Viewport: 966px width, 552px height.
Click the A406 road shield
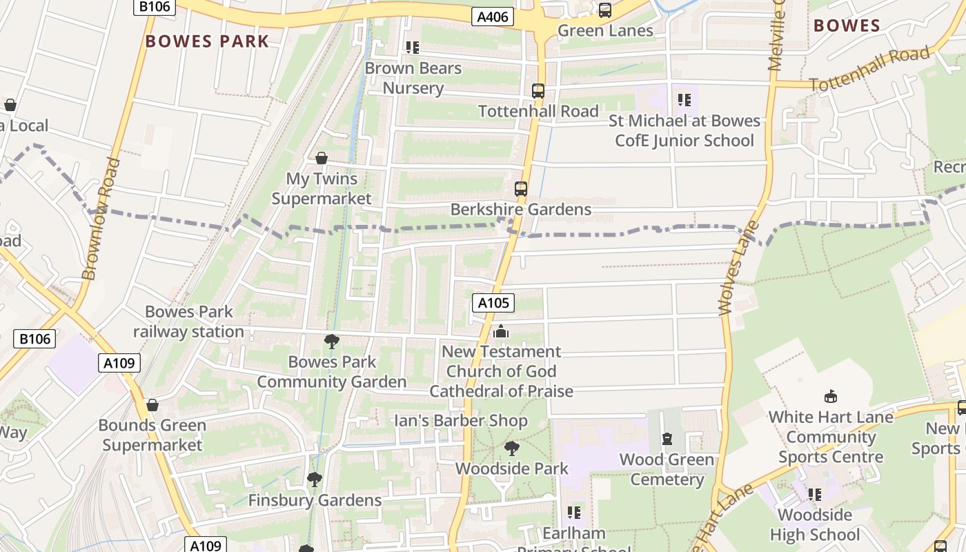click(493, 17)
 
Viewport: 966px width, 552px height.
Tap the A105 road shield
click(493, 302)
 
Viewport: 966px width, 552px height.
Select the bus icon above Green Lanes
click(605, 10)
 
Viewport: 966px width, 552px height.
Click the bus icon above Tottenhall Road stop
click(538, 91)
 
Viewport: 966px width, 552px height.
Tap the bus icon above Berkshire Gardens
click(521, 189)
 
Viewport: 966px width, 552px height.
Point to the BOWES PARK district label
click(207, 41)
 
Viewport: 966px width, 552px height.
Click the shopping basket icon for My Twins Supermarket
click(321, 159)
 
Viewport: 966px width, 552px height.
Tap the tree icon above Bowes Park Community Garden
click(332, 342)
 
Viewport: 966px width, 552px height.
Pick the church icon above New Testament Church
click(501, 332)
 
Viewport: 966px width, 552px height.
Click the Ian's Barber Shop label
click(460, 421)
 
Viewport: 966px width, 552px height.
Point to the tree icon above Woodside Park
click(512, 448)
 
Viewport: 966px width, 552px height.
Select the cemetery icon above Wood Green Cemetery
click(667, 439)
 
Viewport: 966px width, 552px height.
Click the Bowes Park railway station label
click(188, 322)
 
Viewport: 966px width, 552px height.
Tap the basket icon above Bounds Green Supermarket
click(152, 405)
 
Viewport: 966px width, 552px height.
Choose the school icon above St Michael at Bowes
click(684, 101)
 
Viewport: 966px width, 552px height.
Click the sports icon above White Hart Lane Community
click(831, 397)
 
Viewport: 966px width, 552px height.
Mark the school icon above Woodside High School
click(815, 495)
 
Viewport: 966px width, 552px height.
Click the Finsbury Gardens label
click(315, 500)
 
